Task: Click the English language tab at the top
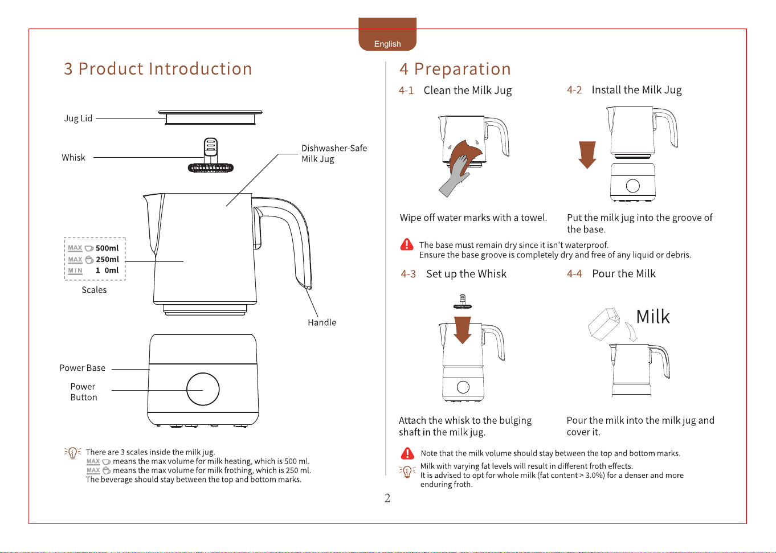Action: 387,34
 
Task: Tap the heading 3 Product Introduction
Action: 158,68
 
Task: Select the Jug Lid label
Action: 78,118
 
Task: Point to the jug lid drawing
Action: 210,117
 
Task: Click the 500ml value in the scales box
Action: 107,248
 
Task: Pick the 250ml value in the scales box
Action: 107,259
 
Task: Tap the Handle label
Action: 322,322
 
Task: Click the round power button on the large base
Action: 203,389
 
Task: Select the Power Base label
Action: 83,368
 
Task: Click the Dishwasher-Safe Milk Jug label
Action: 334,153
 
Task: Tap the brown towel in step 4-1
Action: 465,155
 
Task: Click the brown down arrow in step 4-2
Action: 587,155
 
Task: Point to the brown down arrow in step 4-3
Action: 463,330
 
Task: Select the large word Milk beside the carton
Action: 653,317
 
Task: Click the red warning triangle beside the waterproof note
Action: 407,244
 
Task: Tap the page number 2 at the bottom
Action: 387,498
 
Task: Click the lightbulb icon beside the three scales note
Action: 72,453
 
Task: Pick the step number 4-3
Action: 408,275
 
